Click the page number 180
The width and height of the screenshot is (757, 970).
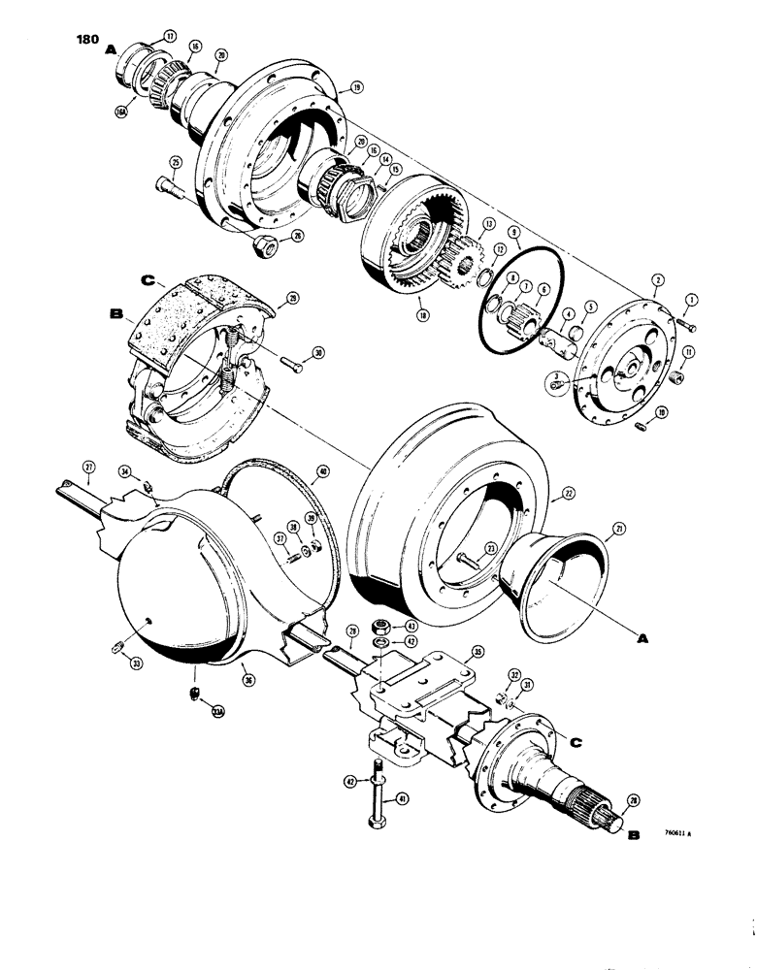click(85, 41)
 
